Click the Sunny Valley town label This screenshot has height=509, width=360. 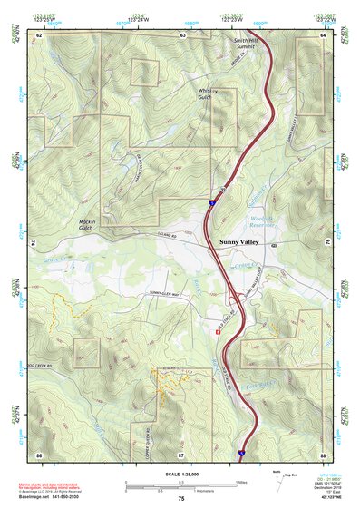pos(242,242)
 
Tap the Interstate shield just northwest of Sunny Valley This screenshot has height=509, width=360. pos(210,205)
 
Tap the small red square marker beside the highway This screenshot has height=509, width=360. pos(219,331)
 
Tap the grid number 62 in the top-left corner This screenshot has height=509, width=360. pos(40,34)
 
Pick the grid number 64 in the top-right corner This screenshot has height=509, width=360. pos(323,34)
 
